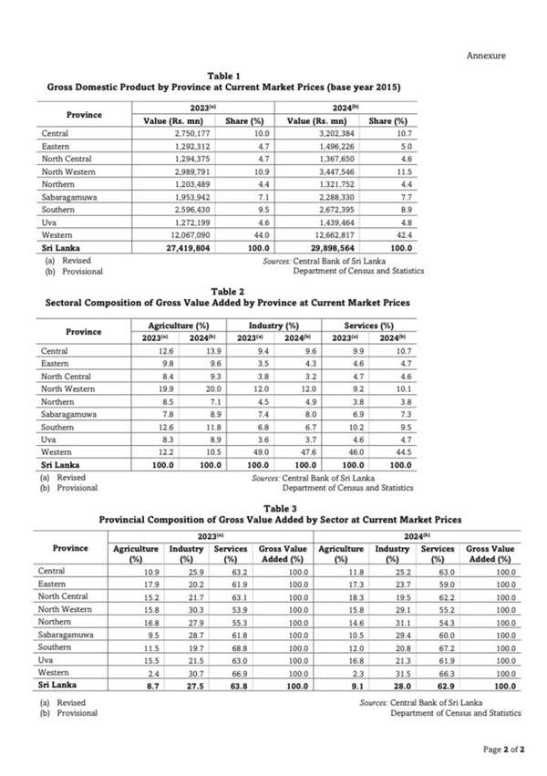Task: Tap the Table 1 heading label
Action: pyautogui.click(x=224, y=75)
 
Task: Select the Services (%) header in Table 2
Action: pyautogui.click(x=368, y=326)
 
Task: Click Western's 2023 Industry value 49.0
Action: pyautogui.click(x=260, y=451)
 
